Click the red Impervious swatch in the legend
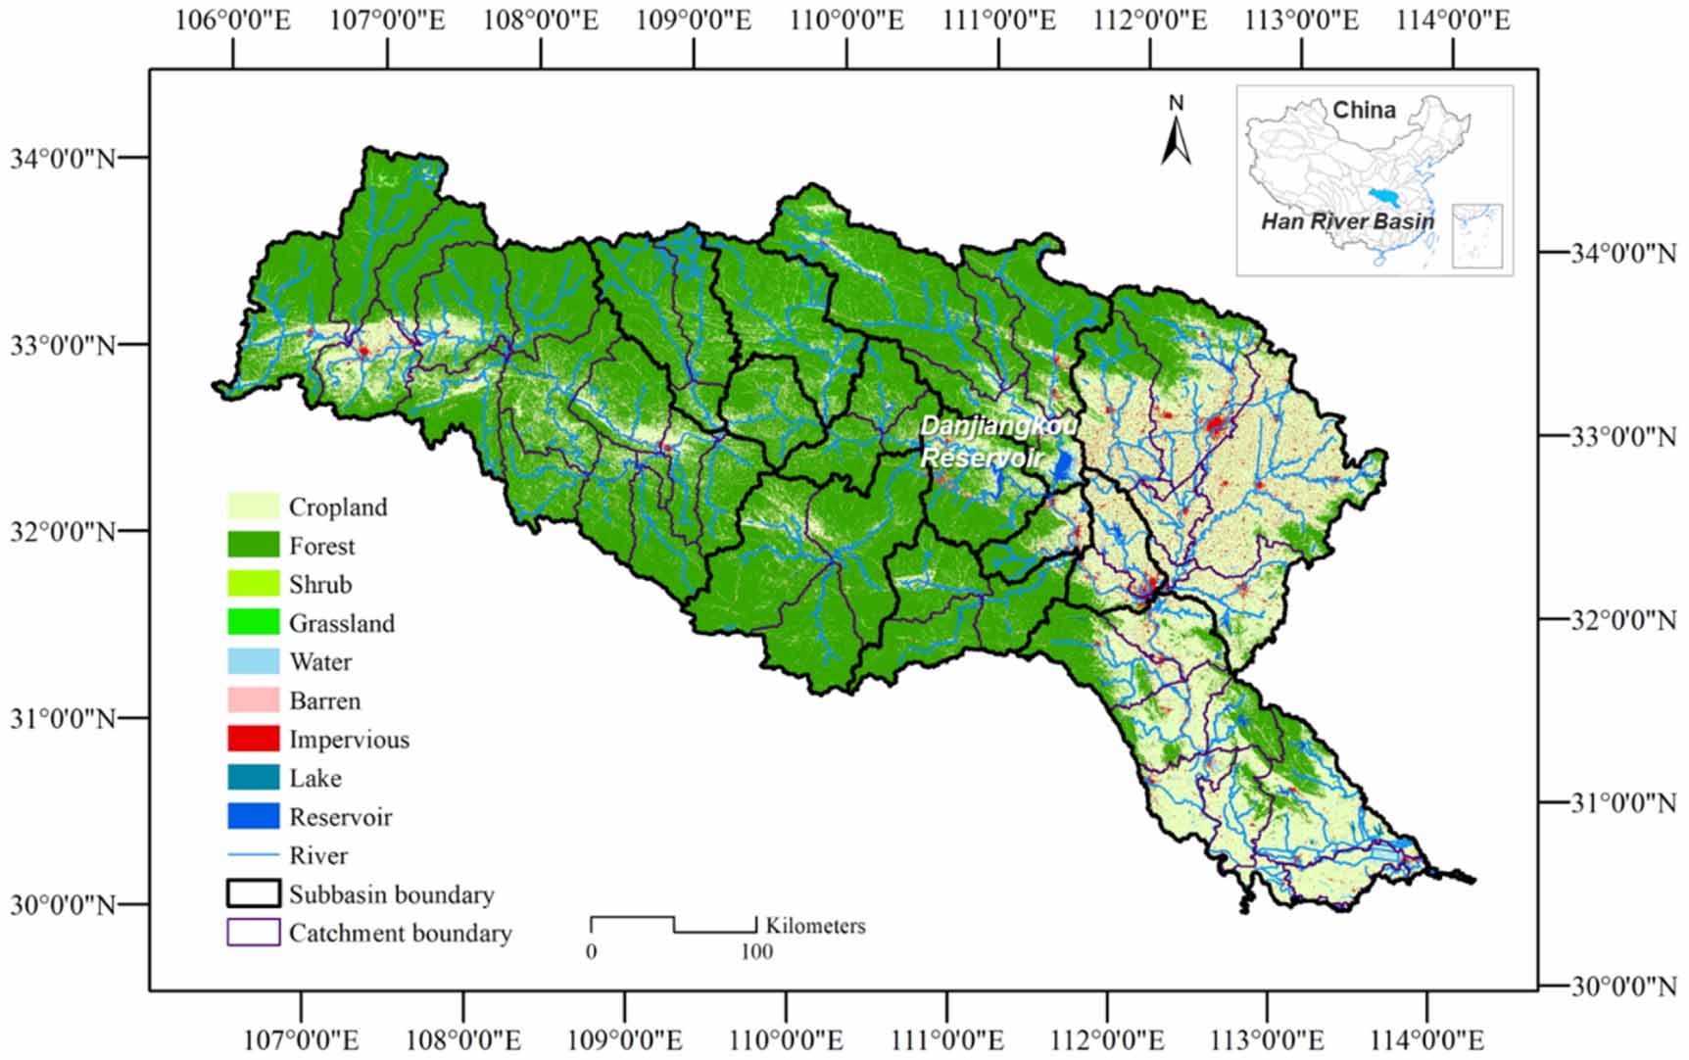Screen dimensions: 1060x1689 tap(253, 739)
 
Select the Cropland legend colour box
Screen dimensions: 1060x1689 tap(253, 506)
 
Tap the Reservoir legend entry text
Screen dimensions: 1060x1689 tap(340, 817)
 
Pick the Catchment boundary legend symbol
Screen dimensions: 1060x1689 tap(253, 932)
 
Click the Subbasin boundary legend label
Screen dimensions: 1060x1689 tap(391, 894)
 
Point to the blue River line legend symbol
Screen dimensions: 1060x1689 tap(253, 855)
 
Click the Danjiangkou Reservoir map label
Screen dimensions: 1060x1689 tap(997, 442)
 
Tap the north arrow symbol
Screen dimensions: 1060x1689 tap(1176, 132)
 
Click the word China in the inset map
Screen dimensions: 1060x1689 tap(1364, 110)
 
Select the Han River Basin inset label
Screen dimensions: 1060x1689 tap(1347, 221)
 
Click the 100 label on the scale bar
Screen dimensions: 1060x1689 tap(755, 951)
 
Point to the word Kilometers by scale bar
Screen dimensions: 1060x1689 tap(815, 926)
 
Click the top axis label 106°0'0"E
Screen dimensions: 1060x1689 tap(233, 21)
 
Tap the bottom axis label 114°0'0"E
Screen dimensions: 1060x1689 tap(1426, 1039)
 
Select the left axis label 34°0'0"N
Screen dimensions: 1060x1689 tap(63, 158)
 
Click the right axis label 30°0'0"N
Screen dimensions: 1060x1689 tap(1623, 986)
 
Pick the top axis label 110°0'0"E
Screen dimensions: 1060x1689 tap(846, 21)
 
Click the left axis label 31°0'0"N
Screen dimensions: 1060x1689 tap(63, 718)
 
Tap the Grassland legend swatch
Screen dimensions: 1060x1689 tap(253, 622)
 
